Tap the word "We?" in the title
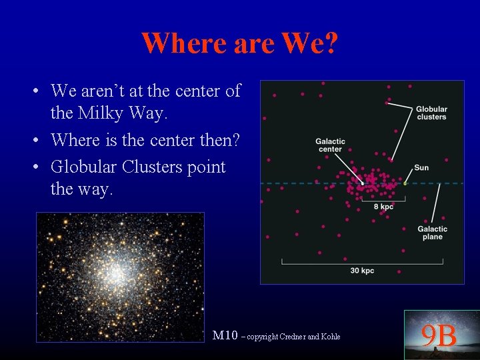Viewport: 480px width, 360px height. pos(311,44)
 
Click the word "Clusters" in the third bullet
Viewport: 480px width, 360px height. pos(157,167)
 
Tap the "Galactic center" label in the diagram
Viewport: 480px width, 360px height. pos(330,145)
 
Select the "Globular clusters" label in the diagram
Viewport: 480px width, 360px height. pos(431,113)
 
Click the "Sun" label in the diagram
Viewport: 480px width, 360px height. pos(421,167)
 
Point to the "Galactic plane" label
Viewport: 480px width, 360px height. pos(432,233)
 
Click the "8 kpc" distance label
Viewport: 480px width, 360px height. pos(383,207)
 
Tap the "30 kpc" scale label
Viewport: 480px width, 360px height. pos(362,271)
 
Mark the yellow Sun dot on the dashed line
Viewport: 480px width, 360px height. pos(405,183)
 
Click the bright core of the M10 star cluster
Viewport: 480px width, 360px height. pos(117,273)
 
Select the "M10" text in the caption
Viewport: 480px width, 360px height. pos(224,335)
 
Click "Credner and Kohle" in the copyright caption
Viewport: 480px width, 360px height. pos(314,337)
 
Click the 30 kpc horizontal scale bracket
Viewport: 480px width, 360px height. pos(362,262)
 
